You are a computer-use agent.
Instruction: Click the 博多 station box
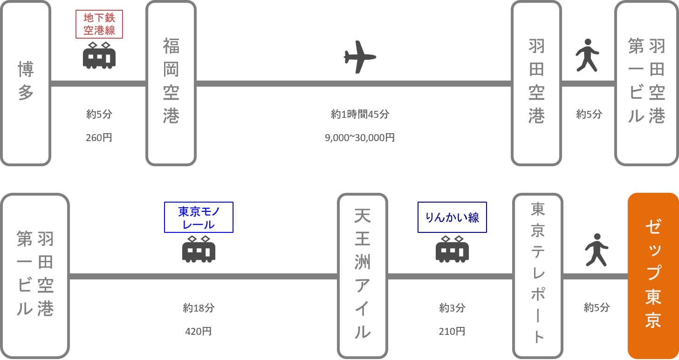pyautogui.click(x=26, y=83)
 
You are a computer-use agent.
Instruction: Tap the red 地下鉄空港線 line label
pyautogui.click(x=99, y=25)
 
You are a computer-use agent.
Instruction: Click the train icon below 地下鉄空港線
pyautogui.click(x=99, y=56)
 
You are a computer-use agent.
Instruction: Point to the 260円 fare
pyautogui.click(x=99, y=138)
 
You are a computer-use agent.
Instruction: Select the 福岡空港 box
pyautogui.click(x=171, y=83)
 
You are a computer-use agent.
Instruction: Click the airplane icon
pyautogui.click(x=359, y=57)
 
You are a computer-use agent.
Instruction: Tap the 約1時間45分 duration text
pyautogui.click(x=360, y=114)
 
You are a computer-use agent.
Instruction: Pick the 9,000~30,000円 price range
pyautogui.click(x=360, y=138)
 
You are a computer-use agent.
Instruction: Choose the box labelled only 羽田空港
pyautogui.click(x=536, y=83)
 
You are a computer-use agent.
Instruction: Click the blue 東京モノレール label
pyautogui.click(x=199, y=217)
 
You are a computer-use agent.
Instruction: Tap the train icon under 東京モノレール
pyautogui.click(x=199, y=249)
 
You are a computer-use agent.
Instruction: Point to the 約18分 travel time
pyautogui.click(x=199, y=308)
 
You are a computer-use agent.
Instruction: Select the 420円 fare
pyautogui.click(x=199, y=332)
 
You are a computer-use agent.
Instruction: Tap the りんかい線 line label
pyautogui.click(x=452, y=217)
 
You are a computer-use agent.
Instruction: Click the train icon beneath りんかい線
pyautogui.click(x=452, y=249)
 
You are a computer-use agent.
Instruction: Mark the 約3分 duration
pyautogui.click(x=452, y=308)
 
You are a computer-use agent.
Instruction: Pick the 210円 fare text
pyautogui.click(x=452, y=332)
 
